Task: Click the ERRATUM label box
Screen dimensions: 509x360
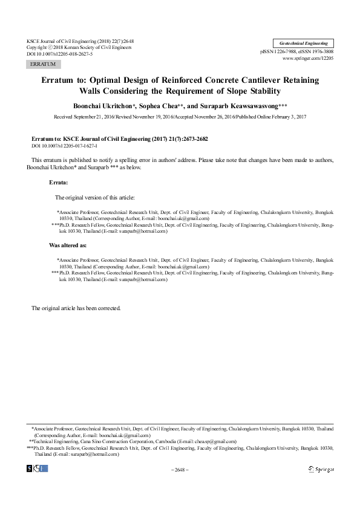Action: [42, 63]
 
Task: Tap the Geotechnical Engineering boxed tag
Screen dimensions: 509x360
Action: [303, 44]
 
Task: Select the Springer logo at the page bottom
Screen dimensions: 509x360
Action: [321, 468]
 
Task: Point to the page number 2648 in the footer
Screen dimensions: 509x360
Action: [180, 469]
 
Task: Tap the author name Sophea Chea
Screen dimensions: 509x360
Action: [173, 104]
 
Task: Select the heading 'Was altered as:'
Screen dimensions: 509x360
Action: [67, 246]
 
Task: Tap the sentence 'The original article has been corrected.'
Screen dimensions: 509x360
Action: [76, 308]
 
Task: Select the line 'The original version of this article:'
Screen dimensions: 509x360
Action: [95, 197]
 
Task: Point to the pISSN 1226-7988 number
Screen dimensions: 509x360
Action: [280, 51]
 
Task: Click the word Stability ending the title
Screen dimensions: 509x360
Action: [261, 91]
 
